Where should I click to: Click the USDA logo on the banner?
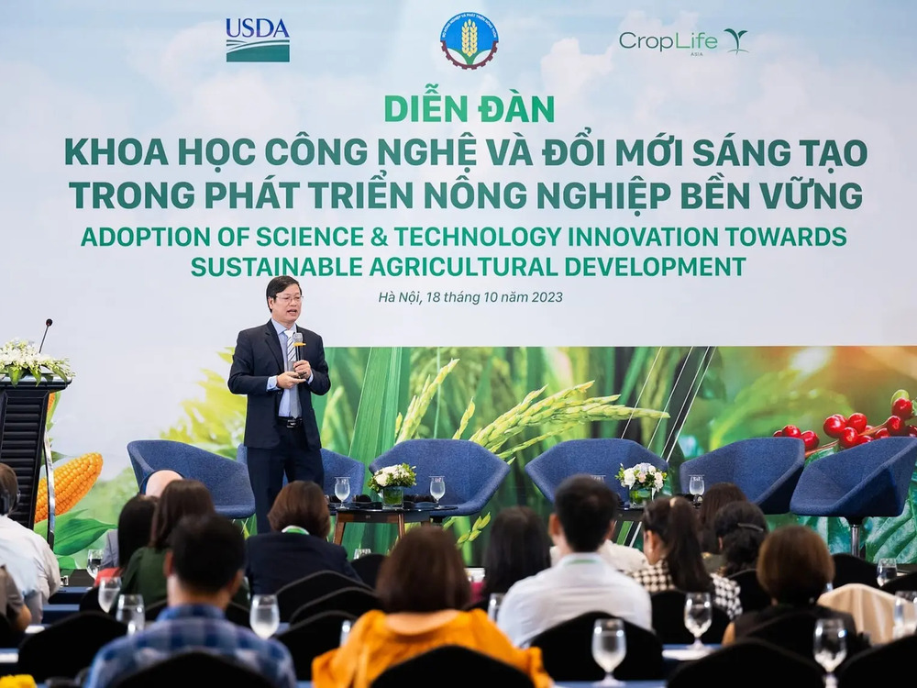(x=258, y=40)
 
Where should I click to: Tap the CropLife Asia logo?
(x=682, y=41)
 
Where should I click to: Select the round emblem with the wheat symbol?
(x=469, y=40)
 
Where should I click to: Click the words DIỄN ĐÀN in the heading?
(x=469, y=108)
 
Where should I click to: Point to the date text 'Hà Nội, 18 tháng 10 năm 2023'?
(x=470, y=296)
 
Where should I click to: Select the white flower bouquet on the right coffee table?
(x=641, y=477)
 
